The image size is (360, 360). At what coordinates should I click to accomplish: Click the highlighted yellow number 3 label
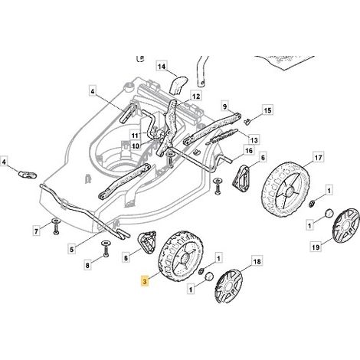click(145, 282)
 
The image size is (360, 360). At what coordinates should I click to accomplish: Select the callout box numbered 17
click(318, 158)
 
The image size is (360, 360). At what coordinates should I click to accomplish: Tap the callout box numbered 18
click(257, 261)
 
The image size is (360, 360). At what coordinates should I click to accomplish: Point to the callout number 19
click(316, 247)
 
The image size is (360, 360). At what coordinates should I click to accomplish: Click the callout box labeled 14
click(162, 67)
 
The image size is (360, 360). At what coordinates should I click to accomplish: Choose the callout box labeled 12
click(196, 97)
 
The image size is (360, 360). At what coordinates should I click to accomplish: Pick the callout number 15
click(267, 111)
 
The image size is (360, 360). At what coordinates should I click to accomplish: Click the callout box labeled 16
click(248, 151)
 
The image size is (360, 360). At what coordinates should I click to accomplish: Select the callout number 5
click(72, 249)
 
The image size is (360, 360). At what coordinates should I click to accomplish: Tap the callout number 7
click(36, 231)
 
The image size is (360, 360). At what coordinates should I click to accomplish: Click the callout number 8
click(87, 265)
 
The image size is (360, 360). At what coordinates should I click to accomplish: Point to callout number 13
click(254, 140)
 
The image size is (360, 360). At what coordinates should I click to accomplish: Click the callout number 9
click(224, 106)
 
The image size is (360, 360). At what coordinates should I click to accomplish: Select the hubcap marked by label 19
click(345, 225)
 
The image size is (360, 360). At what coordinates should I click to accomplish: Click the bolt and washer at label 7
click(56, 226)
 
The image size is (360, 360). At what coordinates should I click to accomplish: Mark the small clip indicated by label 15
click(247, 121)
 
